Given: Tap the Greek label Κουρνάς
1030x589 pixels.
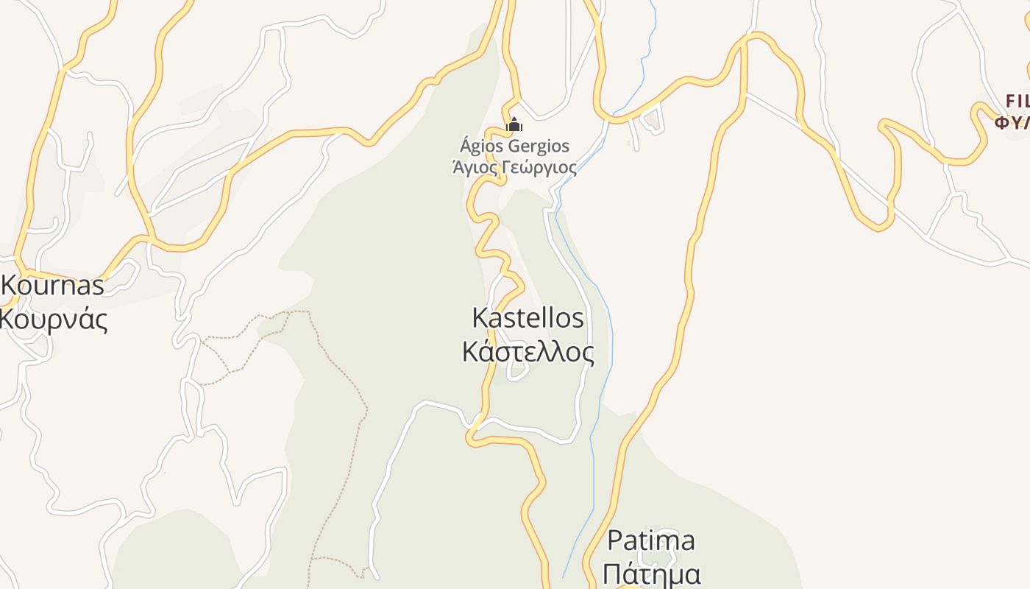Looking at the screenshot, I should click(x=53, y=320).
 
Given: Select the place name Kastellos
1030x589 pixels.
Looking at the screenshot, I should click(x=528, y=318).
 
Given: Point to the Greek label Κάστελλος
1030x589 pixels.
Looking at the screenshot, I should click(x=528, y=352).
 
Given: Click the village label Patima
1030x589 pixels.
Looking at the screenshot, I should click(x=650, y=540).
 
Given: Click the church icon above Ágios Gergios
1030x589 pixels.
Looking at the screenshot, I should click(x=514, y=125).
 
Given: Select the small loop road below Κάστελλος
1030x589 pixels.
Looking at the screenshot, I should click(x=519, y=373).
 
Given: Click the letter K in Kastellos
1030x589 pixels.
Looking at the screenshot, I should click(x=480, y=318).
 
